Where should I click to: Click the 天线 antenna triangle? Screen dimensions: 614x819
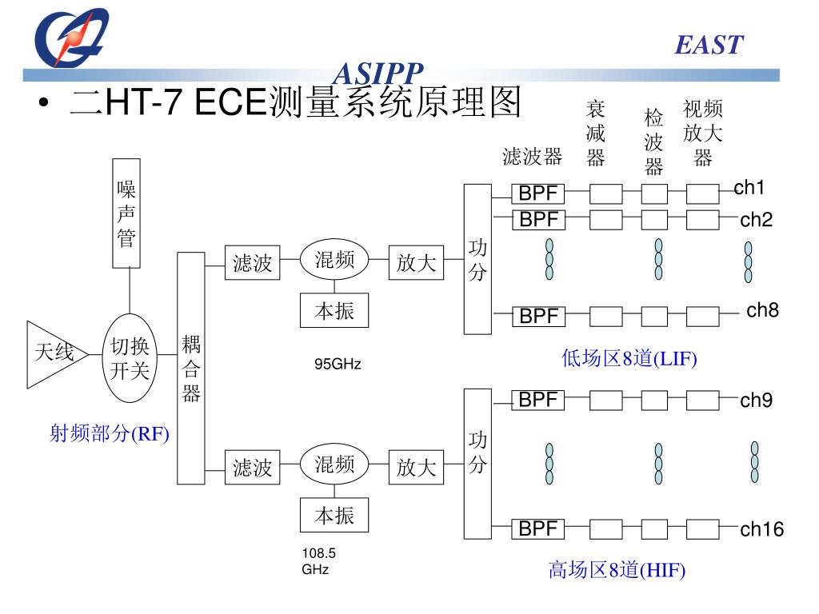[52, 353]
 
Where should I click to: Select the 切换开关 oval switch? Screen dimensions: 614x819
[130, 358]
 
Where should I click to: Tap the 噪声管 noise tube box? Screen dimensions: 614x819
[126, 213]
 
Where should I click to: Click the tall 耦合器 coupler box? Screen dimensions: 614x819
[191, 368]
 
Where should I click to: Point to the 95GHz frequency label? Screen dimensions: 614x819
[338, 365]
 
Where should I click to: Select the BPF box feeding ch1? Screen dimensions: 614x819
[538, 194]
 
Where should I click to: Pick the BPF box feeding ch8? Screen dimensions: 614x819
[538, 317]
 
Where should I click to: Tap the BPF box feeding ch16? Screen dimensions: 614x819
[538, 528]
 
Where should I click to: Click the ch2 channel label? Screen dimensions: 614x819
[756, 220]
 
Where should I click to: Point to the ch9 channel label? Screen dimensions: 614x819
[756, 401]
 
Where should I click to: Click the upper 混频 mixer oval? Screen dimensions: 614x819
[334, 261]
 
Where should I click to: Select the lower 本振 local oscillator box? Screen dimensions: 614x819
[334, 516]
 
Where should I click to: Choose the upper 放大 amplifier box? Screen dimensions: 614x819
[416, 263]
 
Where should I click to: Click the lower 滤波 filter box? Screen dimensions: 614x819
[253, 467]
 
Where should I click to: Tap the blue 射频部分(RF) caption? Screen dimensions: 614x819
[110, 434]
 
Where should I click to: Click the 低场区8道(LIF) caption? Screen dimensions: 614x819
[629, 359]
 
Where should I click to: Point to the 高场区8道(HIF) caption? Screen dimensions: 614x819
[617, 570]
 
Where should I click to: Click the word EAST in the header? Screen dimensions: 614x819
[709, 45]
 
